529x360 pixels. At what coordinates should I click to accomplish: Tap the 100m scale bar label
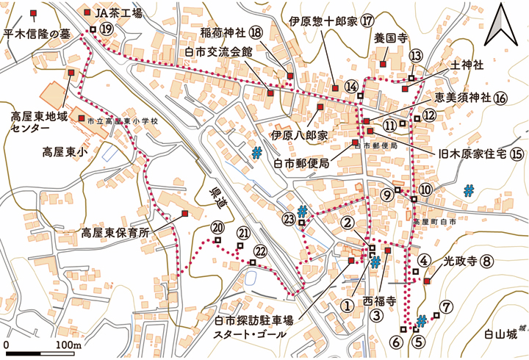click(x=67, y=345)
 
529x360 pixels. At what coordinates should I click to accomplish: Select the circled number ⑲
click(x=107, y=29)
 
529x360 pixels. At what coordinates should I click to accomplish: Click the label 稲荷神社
click(x=223, y=33)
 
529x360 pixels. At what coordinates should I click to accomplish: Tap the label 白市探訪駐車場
click(x=253, y=320)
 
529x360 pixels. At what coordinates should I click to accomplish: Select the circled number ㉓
click(x=289, y=218)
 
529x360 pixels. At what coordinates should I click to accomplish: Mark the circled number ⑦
click(x=445, y=306)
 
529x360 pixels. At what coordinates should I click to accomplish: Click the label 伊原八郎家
click(x=299, y=135)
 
